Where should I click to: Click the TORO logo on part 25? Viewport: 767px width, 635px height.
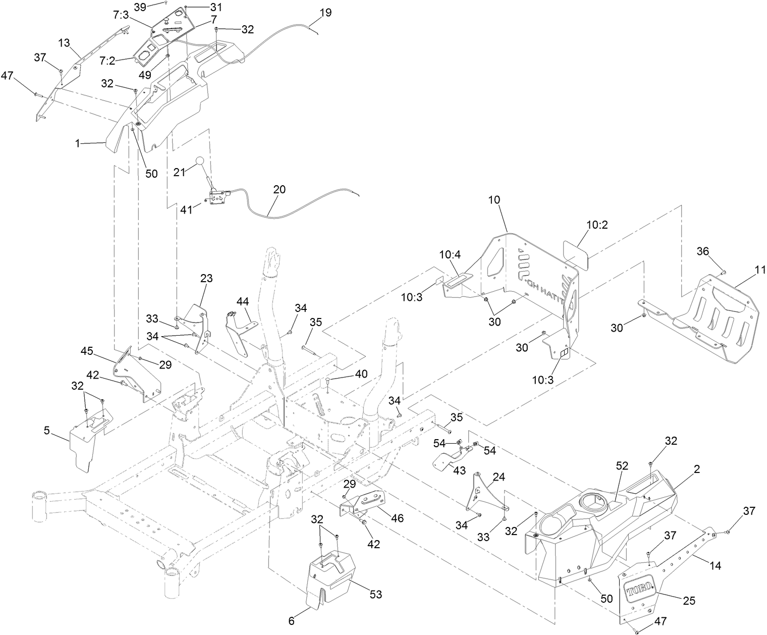coord(639,591)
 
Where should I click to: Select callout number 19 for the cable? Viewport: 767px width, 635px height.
coord(325,13)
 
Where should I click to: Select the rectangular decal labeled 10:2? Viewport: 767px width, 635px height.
coord(576,251)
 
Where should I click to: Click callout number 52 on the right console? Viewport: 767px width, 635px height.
coord(622,466)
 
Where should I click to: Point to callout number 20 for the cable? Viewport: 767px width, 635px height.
coord(279,189)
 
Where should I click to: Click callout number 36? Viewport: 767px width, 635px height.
coord(704,251)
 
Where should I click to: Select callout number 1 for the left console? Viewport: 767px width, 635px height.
coord(77,143)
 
